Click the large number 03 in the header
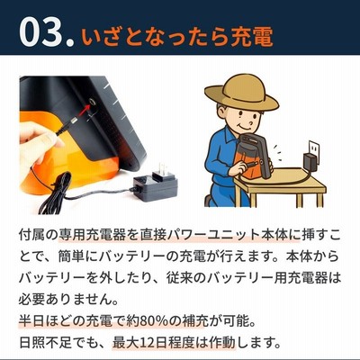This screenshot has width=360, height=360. (x=42, y=32)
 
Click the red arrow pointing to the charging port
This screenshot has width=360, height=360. (x=85, y=110)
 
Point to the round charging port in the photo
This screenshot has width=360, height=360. (x=93, y=103)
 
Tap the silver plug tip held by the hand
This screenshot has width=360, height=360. (x=73, y=121)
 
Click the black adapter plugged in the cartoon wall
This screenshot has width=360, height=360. (x=311, y=161)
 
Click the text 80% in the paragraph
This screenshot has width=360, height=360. (x=154, y=321)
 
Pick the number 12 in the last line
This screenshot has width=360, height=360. (x=147, y=342)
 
